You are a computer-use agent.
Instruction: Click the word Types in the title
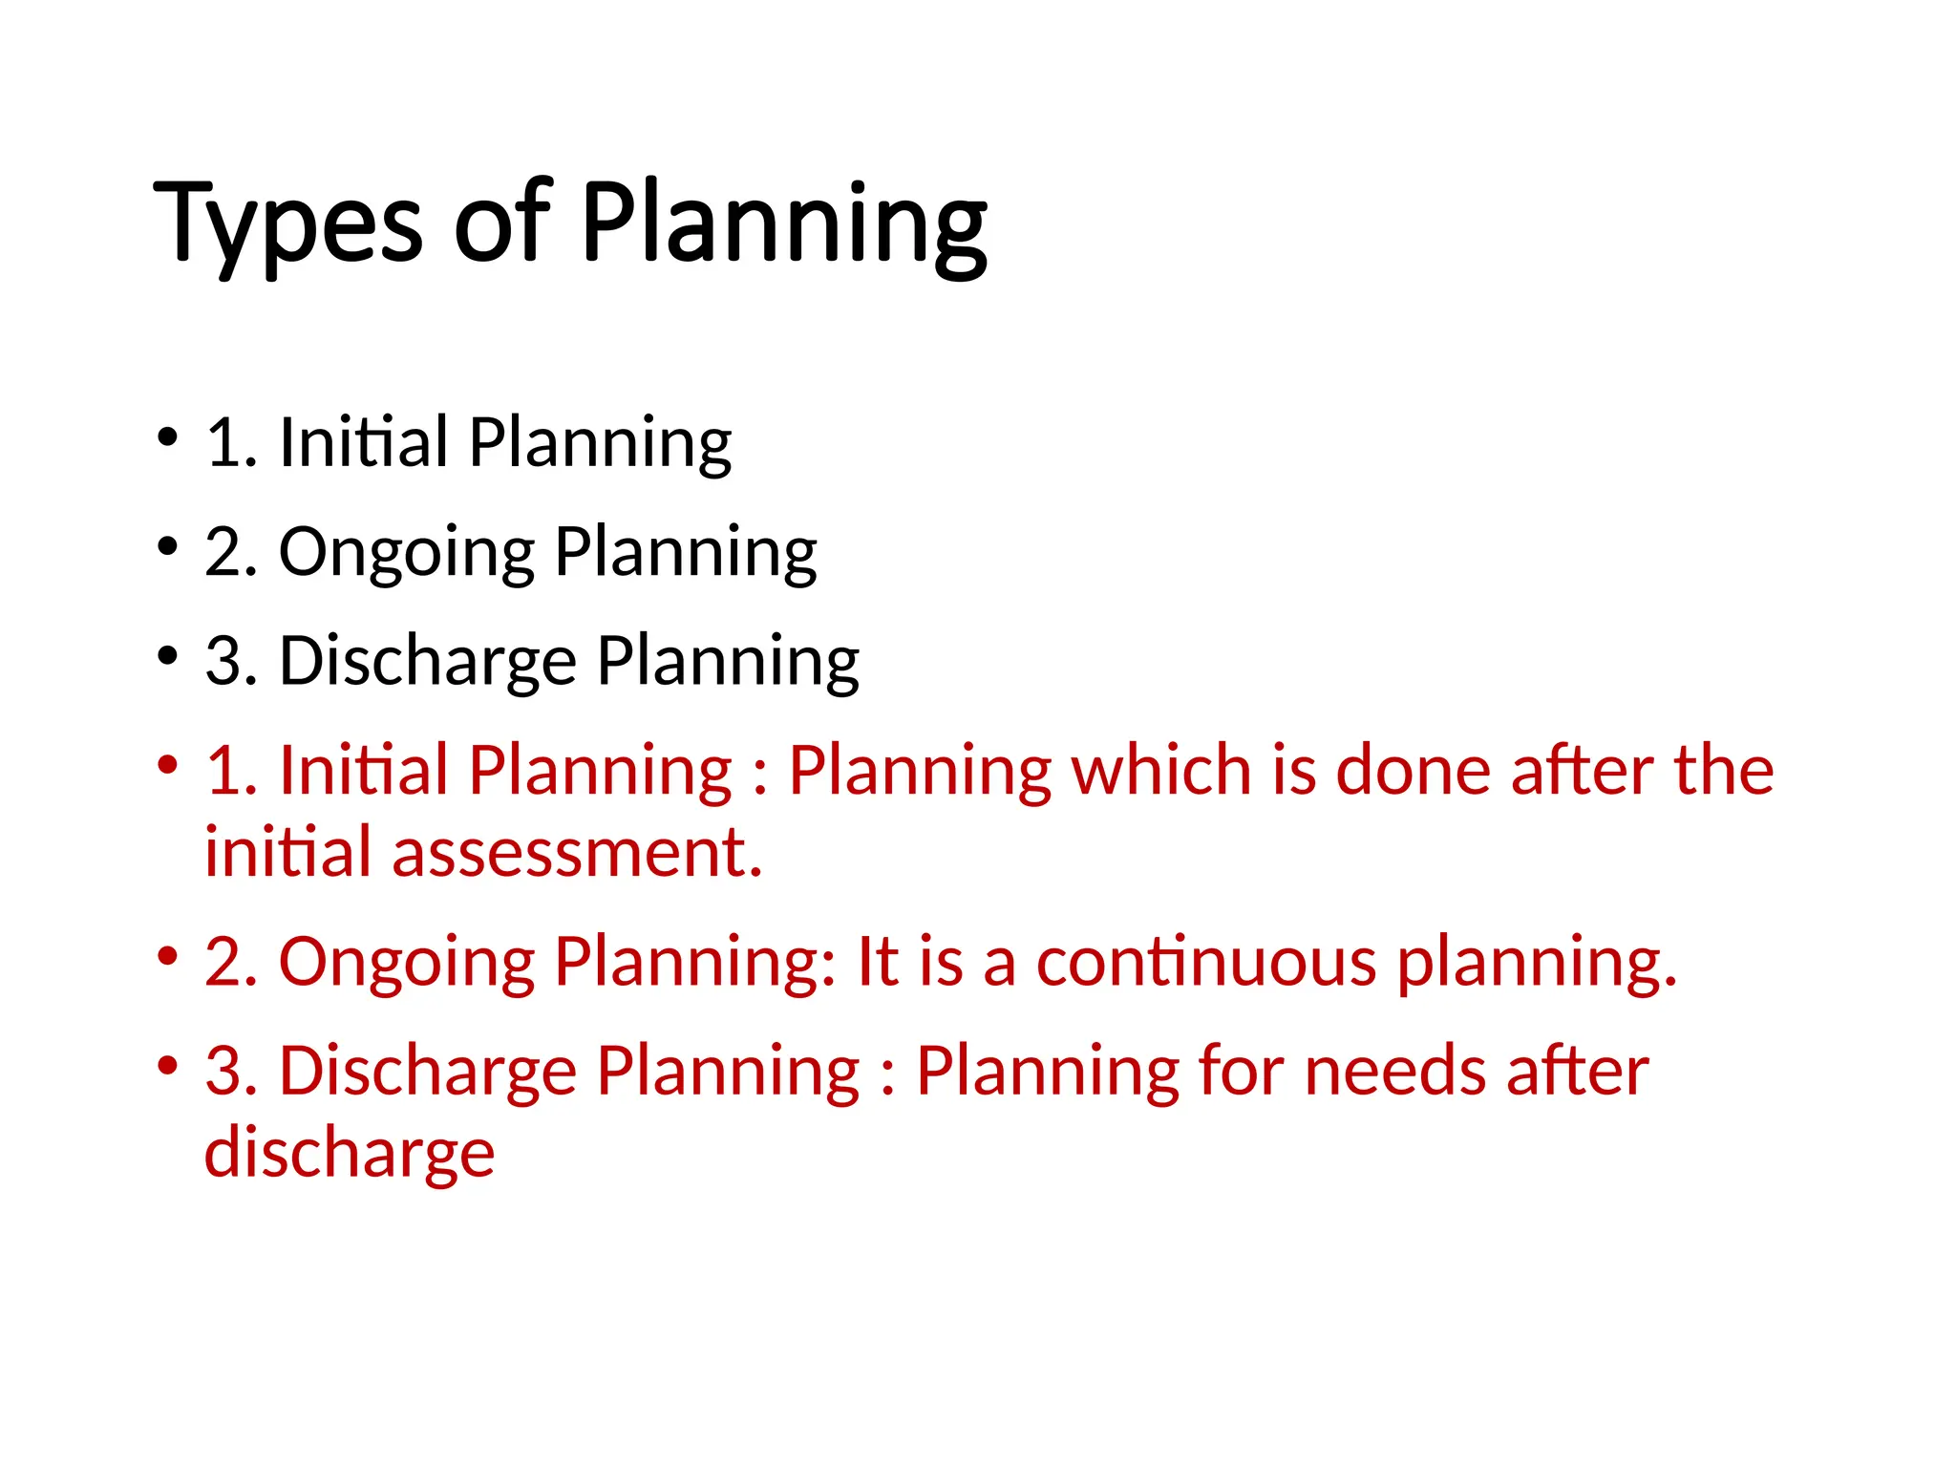click(x=287, y=224)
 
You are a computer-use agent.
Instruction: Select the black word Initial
click(x=363, y=442)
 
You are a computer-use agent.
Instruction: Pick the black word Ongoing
click(x=406, y=553)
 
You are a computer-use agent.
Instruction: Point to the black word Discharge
click(x=428, y=661)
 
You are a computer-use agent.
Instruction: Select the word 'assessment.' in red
click(x=577, y=852)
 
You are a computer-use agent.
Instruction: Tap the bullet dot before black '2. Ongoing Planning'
click(x=168, y=547)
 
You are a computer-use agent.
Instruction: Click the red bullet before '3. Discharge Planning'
click(x=168, y=1065)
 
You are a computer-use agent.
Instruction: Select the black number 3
click(x=223, y=661)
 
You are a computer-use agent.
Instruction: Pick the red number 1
click(x=223, y=770)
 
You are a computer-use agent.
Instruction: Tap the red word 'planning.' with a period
click(x=1537, y=963)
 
